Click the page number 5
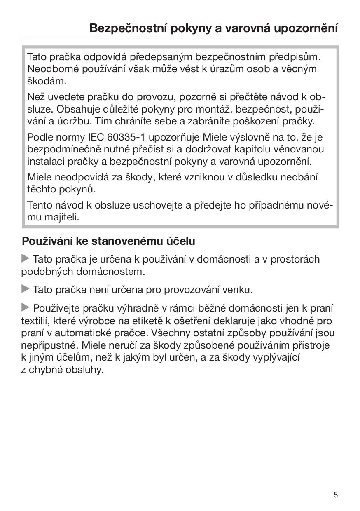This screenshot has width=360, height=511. coord(336,495)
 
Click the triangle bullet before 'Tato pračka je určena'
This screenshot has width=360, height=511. coord(26,259)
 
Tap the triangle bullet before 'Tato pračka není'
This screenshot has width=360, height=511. coord(26,289)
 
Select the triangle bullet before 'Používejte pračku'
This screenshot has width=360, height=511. coord(26,307)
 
